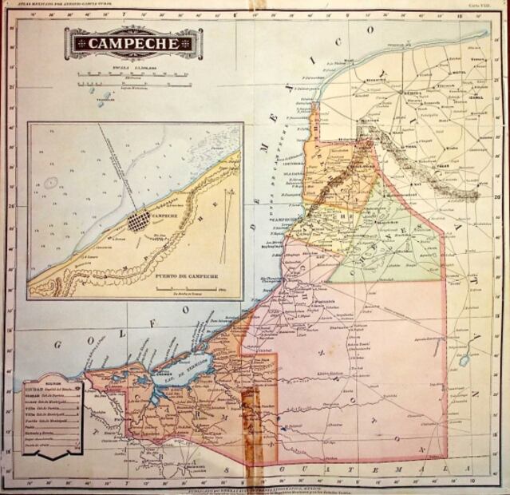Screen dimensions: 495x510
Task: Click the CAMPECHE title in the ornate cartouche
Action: [133, 43]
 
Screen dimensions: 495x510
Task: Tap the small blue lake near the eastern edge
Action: [464, 361]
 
